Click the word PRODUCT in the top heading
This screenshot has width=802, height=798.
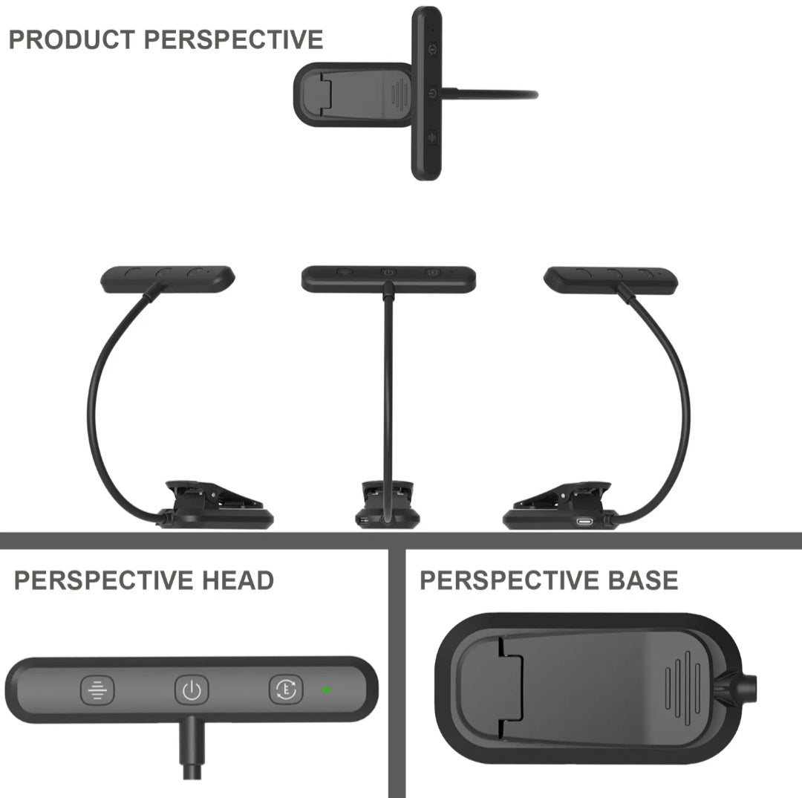[x=71, y=40]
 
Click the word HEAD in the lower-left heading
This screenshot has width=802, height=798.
[x=238, y=580]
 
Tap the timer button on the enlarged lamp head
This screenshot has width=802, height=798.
[x=286, y=690]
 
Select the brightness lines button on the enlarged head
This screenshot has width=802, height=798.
[x=97, y=690]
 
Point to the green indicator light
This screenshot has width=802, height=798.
[x=326, y=690]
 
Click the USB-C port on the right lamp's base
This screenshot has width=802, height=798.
[x=584, y=522]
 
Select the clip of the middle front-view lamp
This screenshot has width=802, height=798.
[x=387, y=505]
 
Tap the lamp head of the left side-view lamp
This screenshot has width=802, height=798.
[x=168, y=279]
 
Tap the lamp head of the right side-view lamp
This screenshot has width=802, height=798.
[x=611, y=280]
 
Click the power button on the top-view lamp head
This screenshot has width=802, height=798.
[x=433, y=94]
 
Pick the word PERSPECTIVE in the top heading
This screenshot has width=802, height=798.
[x=233, y=40]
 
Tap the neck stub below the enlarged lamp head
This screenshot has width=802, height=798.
[x=192, y=747]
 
